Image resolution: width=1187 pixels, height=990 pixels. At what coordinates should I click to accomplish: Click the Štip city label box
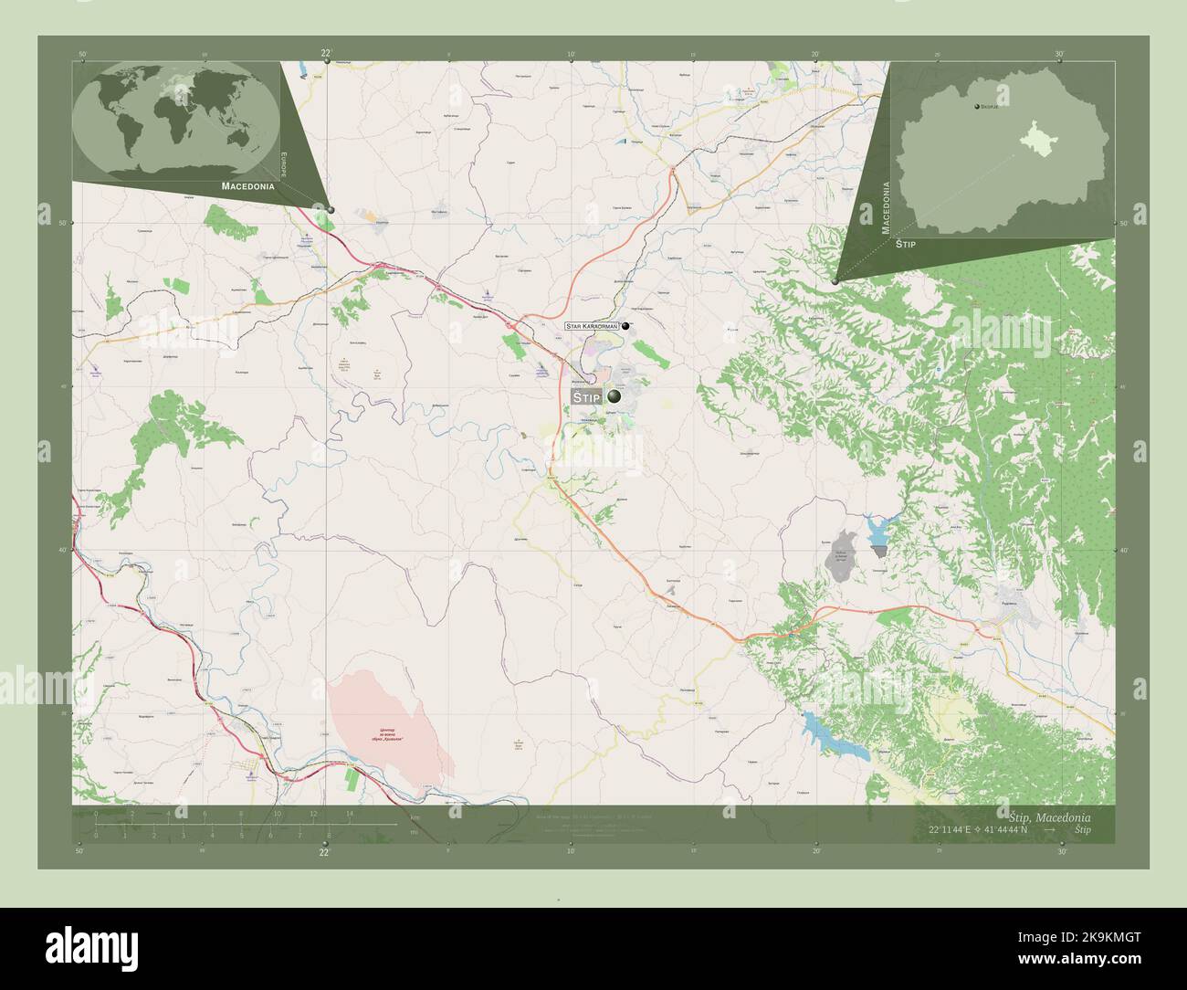click(586, 397)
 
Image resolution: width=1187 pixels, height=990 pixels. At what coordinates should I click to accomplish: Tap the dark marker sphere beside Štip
click(615, 396)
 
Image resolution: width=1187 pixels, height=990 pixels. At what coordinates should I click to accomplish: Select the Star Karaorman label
click(592, 325)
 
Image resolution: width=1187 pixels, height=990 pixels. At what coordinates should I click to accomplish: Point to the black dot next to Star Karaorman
click(626, 325)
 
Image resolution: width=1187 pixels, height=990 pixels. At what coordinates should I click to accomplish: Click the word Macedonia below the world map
click(247, 185)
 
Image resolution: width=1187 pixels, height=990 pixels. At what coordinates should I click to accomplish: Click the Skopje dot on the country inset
click(977, 107)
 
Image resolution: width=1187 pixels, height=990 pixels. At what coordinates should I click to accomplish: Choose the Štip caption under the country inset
click(905, 245)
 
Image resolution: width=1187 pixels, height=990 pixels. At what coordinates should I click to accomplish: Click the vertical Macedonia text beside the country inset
click(885, 208)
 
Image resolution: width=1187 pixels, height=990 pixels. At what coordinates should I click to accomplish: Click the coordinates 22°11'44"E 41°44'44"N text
click(978, 829)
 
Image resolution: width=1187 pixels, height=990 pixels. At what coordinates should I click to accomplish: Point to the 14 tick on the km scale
click(350, 814)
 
